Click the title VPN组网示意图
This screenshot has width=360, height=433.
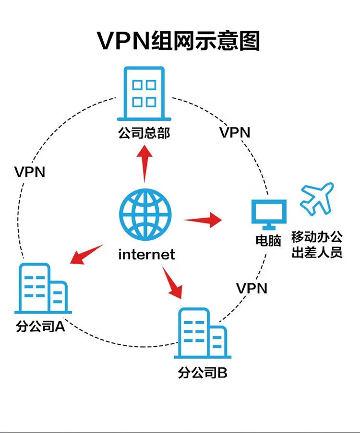(x=179, y=41)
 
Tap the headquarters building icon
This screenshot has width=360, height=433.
(x=144, y=94)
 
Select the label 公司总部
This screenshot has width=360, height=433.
(x=144, y=133)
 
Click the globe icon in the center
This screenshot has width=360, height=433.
(x=145, y=214)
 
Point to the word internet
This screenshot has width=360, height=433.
(x=146, y=254)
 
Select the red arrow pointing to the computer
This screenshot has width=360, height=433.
(x=203, y=220)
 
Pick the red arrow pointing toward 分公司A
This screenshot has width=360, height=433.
(x=86, y=254)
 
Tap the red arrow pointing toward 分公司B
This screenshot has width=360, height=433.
(x=172, y=282)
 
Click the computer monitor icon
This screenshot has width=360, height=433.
(x=269, y=214)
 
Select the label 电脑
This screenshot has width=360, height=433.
(x=268, y=240)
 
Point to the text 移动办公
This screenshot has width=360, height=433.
(x=317, y=237)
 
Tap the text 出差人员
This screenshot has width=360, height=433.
(x=317, y=252)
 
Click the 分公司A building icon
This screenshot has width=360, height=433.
(x=43, y=288)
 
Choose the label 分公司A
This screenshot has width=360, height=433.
(x=41, y=327)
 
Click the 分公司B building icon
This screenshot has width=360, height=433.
(x=203, y=333)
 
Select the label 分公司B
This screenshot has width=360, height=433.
(x=203, y=373)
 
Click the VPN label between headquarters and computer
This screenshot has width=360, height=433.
(x=235, y=132)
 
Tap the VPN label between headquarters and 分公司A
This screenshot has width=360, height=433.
(x=30, y=172)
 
